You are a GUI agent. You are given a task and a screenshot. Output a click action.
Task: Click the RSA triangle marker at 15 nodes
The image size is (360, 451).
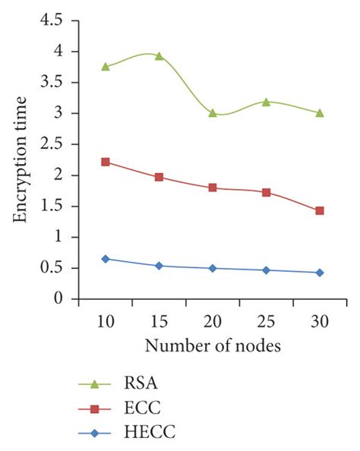[x=159, y=55]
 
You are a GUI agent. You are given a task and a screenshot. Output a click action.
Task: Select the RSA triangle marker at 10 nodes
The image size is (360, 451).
[x=106, y=67]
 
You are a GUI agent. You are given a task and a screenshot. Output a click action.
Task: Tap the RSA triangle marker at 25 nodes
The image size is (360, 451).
[x=267, y=102]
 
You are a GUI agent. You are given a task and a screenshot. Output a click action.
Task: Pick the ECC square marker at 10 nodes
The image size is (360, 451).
[x=106, y=162]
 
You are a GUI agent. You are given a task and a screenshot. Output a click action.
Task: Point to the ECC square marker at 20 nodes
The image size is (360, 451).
[x=213, y=188]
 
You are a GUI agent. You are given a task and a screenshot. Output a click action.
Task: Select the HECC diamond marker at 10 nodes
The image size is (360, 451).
[x=106, y=259]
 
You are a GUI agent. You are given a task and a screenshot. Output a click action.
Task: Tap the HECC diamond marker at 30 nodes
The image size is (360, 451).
[x=320, y=273]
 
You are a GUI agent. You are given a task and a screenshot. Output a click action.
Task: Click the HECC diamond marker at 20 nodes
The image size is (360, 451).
[x=213, y=268]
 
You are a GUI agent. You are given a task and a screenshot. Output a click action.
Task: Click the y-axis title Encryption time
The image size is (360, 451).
[x=21, y=159]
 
